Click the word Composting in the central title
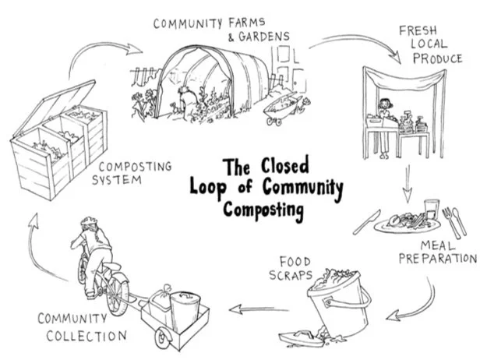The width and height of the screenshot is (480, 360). coord(263,210)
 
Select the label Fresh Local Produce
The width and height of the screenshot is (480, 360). coord(430,44)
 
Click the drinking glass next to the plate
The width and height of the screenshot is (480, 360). coord(432,209)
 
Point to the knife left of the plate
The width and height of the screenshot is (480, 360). coord(366,222)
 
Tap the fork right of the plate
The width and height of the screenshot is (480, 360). coord(452,223)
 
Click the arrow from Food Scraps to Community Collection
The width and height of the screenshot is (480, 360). coord(259,309)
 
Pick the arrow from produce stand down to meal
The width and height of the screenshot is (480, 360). coord(407,184)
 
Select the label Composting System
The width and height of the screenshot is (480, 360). coord(132,173)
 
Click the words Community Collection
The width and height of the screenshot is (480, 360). coord(82,327)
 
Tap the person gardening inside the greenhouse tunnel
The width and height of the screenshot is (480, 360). coord(184,101)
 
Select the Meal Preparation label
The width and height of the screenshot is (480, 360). coord(438,252)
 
